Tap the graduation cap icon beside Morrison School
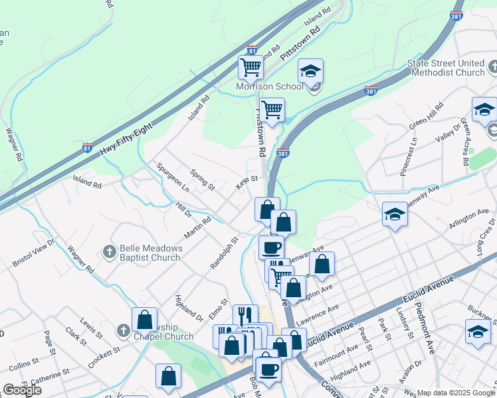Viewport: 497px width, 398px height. pos(310,72)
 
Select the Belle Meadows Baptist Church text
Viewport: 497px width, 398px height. pos(149,253)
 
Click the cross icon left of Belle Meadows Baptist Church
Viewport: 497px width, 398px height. pos(110,251)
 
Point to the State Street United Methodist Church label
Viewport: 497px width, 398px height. pos(446,68)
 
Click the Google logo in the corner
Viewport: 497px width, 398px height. pos(22,390)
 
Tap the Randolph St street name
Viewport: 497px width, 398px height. pos(224,254)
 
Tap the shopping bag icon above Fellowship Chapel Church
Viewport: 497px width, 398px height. pos(145,319)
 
